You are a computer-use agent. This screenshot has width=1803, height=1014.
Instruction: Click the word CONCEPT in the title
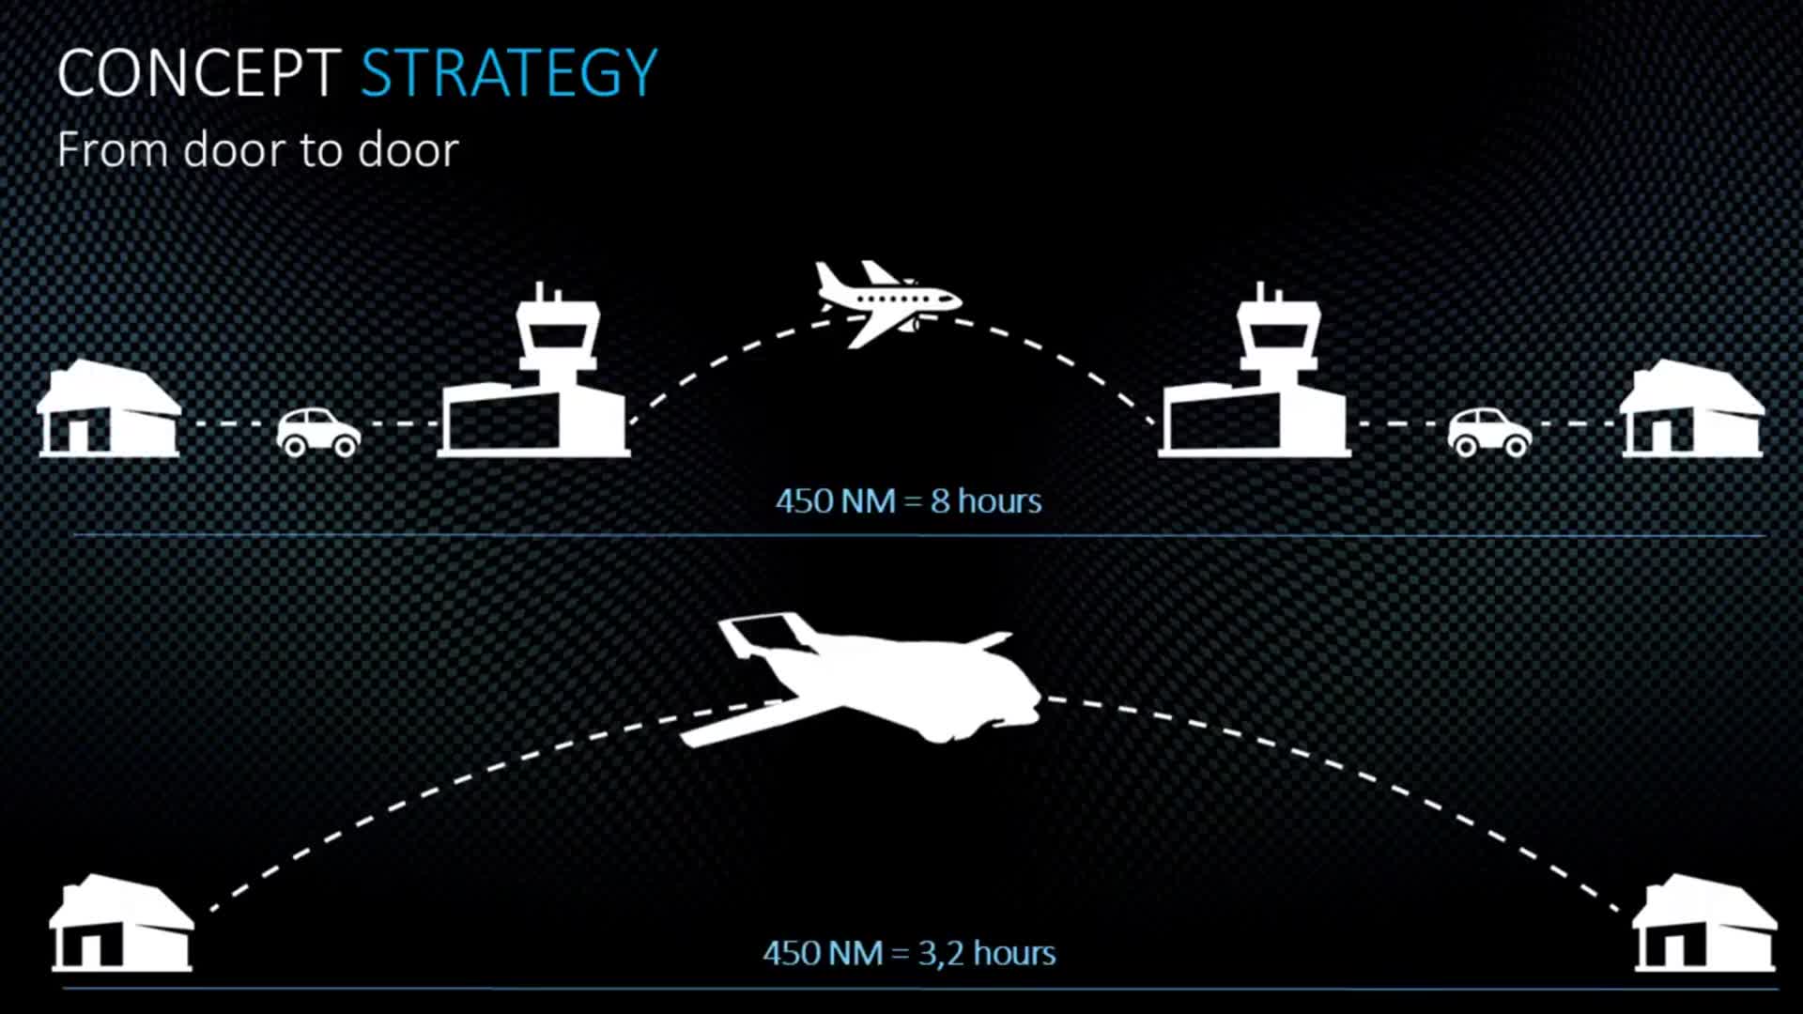pyautogui.click(x=199, y=73)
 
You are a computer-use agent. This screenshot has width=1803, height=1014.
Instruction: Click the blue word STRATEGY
pyautogui.click(x=509, y=73)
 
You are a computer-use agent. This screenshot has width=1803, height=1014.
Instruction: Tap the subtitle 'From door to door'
pyautogui.click(x=257, y=150)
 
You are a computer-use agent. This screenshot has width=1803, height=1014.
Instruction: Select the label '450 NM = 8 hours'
pyautogui.click(x=908, y=501)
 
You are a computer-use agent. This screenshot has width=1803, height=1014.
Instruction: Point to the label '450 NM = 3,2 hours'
pyautogui.click(x=909, y=954)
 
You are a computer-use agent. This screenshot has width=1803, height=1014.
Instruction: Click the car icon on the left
pyautogui.click(x=318, y=432)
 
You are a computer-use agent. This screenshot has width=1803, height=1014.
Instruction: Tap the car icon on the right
pyautogui.click(x=1489, y=432)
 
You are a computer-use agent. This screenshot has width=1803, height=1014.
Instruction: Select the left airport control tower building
pyautogui.click(x=533, y=376)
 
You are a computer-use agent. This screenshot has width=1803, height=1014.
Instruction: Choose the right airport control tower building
pyautogui.click(x=1255, y=376)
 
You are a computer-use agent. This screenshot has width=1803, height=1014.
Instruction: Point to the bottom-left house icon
pyautogui.click(x=122, y=923)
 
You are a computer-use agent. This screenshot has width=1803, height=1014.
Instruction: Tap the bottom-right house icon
pyautogui.click(x=1705, y=923)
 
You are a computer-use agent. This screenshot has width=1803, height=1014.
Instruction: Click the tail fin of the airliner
pyautogui.click(x=829, y=279)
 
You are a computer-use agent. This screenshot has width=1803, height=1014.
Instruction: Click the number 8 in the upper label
pyautogui.click(x=940, y=501)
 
